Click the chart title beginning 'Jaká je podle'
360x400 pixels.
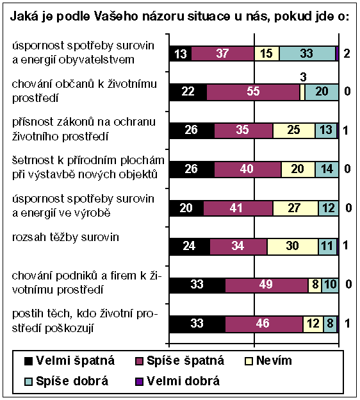(x=179, y=17)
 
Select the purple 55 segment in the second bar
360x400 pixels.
(x=253, y=92)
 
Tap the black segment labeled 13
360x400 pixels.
(x=179, y=54)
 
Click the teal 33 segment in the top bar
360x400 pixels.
(x=307, y=54)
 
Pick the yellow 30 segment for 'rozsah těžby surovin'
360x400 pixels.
(x=292, y=247)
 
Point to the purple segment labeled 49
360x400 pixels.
(x=266, y=285)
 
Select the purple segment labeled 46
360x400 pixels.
(x=263, y=324)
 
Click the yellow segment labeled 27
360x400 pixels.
(x=295, y=208)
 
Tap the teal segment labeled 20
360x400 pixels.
(x=322, y=92)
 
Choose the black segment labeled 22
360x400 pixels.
(x=187, y=92)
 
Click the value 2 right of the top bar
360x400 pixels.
(x=347, y=54)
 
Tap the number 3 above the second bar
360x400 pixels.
(x=303, y=78)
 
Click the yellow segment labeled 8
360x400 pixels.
(x=315, y=285)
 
